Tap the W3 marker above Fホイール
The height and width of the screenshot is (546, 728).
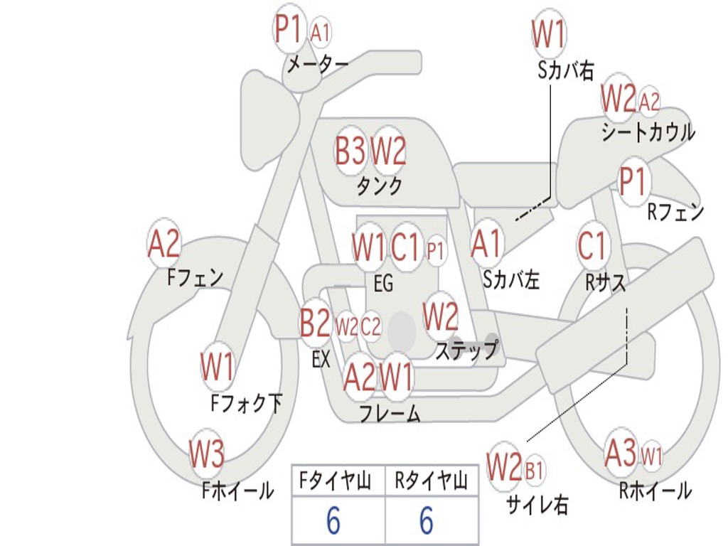[207, 453]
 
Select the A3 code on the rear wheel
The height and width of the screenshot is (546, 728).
[621, 453]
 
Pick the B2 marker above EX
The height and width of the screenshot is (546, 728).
[315, 322]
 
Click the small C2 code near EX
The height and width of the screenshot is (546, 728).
[370, 326]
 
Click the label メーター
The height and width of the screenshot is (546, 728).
[318, 64]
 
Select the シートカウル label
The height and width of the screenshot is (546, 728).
[648, 132]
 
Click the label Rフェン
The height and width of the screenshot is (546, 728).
[675, 212]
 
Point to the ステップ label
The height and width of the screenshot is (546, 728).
[466, 350]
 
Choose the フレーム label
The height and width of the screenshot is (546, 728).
[390, 413]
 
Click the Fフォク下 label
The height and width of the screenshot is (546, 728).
[247, 402]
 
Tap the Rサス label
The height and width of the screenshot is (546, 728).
[606, 282]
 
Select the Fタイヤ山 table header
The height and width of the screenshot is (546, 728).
[336, 481]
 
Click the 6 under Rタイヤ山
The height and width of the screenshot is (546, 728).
[427, 520]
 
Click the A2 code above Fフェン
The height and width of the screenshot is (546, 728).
[164, 243]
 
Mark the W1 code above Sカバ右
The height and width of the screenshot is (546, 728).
[549, 33]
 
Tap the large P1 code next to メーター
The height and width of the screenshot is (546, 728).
[289, 28]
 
